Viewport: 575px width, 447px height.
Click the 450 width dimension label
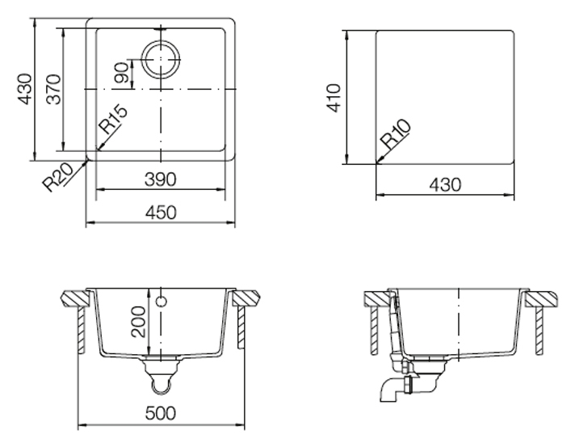coord(161,213)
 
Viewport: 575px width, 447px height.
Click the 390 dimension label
coord(161,179)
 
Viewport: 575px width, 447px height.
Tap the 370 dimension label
coord(54,89)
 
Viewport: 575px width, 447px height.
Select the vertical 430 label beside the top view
coord(25,89)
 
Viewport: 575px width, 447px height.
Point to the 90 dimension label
coord(122,73)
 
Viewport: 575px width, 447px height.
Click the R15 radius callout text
coord(114,120)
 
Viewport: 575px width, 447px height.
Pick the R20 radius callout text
coord(59,177)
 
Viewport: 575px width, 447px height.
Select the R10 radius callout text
coord(396,133)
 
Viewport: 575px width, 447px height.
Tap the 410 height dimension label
coord(334,98)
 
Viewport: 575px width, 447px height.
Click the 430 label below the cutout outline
coord(445,185)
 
